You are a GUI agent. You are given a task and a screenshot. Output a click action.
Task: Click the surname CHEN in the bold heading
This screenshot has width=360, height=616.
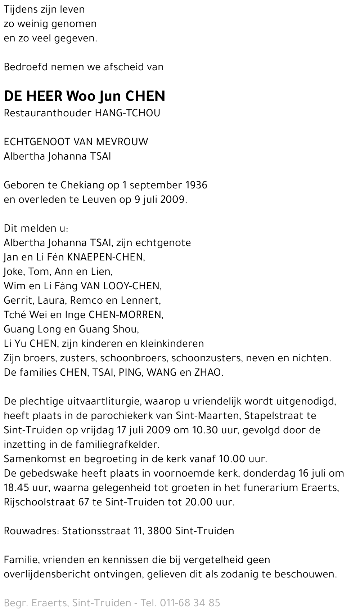point(145,96)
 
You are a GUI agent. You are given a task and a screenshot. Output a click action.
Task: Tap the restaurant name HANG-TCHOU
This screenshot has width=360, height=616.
point(127,113)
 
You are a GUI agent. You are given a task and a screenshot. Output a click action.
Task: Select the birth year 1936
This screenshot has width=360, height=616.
point(196,185)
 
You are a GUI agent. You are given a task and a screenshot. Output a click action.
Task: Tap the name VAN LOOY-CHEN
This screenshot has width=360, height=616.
point(121,286)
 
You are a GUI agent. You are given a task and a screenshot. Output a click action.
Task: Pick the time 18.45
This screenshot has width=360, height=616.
point(15,488)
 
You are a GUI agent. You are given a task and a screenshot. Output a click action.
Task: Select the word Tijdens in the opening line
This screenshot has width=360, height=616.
point(21,9)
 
